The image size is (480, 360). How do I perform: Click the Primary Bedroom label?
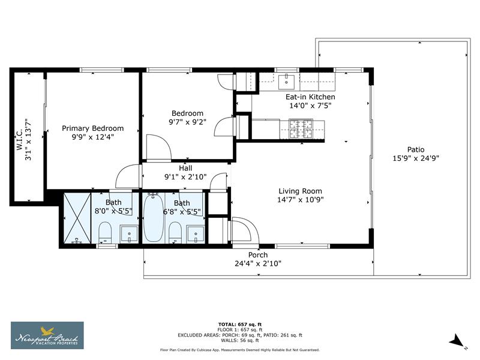click(93, 128)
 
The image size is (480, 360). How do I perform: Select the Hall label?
click(185, 169)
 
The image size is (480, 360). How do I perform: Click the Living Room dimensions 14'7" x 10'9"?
click(301, 200)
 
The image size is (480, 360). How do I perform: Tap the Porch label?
click(258, 255)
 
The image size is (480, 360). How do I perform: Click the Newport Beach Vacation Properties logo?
click(47, 335)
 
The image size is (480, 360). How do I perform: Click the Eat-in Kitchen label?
click(310, 97)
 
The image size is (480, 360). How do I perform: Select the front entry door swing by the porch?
click(243, 228)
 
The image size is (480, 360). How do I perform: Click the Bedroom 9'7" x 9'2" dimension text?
click(187, 122)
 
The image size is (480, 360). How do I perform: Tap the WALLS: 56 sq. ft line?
click(240, 340)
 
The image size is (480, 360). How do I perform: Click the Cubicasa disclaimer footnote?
click(240, 350)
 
